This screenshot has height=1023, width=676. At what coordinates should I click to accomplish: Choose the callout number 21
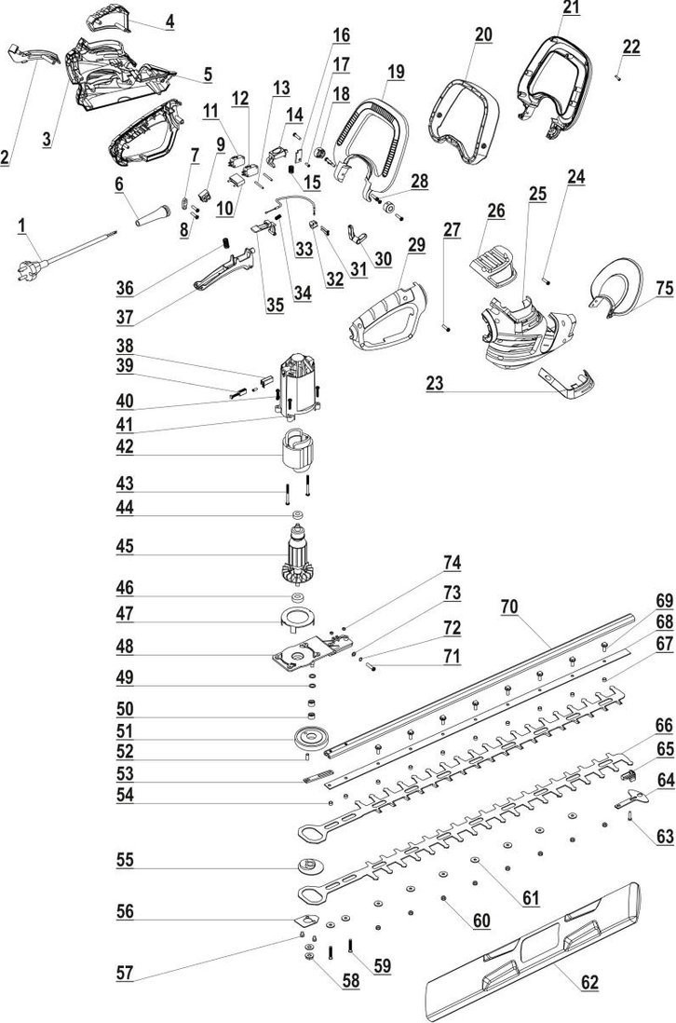click(570, 8)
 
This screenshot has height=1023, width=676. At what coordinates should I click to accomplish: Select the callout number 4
click(169, 20)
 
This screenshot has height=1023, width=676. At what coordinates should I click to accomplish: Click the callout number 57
click(125, 974)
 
